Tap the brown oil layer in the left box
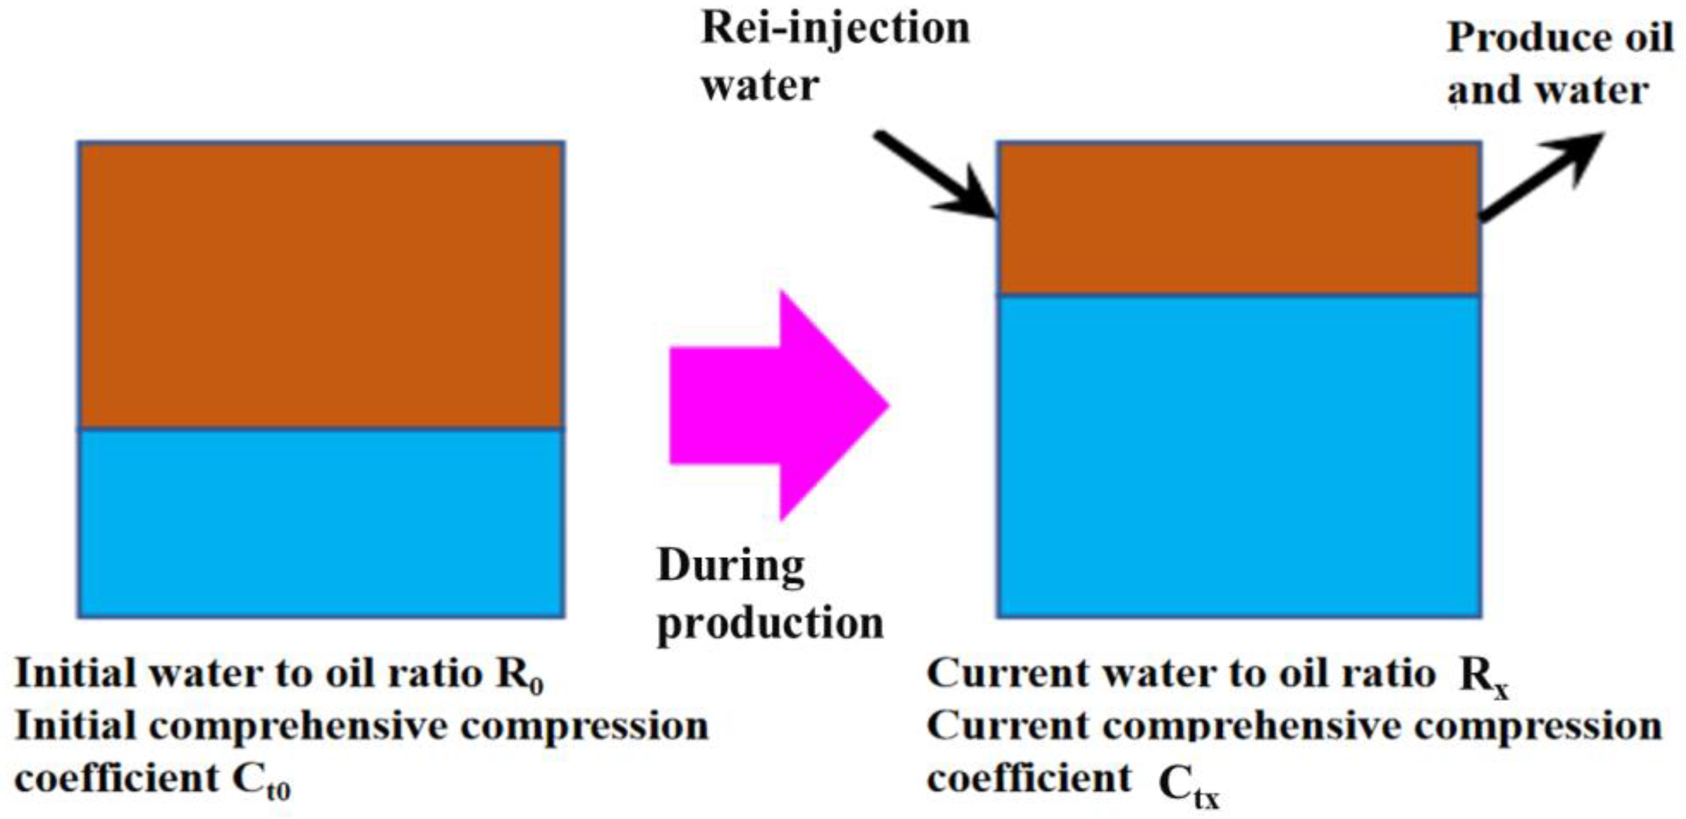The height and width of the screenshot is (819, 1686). [x=321, y=285]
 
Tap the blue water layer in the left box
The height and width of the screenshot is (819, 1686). [x=321, y=523]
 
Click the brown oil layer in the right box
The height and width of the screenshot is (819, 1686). [x=1238, y=219]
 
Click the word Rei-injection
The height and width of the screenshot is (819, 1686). [x=835, y=29]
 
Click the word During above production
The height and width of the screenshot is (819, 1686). [x=730, y=566]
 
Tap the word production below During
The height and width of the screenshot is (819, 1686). [x=770, y=625]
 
